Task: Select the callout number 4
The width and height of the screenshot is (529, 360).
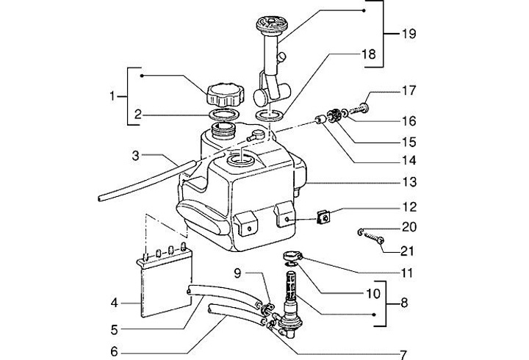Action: (114, 302)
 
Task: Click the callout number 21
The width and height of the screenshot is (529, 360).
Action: (409, 251)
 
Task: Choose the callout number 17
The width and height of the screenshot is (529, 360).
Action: (409, 92)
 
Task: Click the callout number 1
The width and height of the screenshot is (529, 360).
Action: (113, 96)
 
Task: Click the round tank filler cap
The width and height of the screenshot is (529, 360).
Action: (223, 94)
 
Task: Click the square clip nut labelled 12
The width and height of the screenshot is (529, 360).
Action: (321, 217)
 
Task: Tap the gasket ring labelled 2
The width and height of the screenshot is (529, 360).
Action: (221, 115)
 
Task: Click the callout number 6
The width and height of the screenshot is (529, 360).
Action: (114, 352)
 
